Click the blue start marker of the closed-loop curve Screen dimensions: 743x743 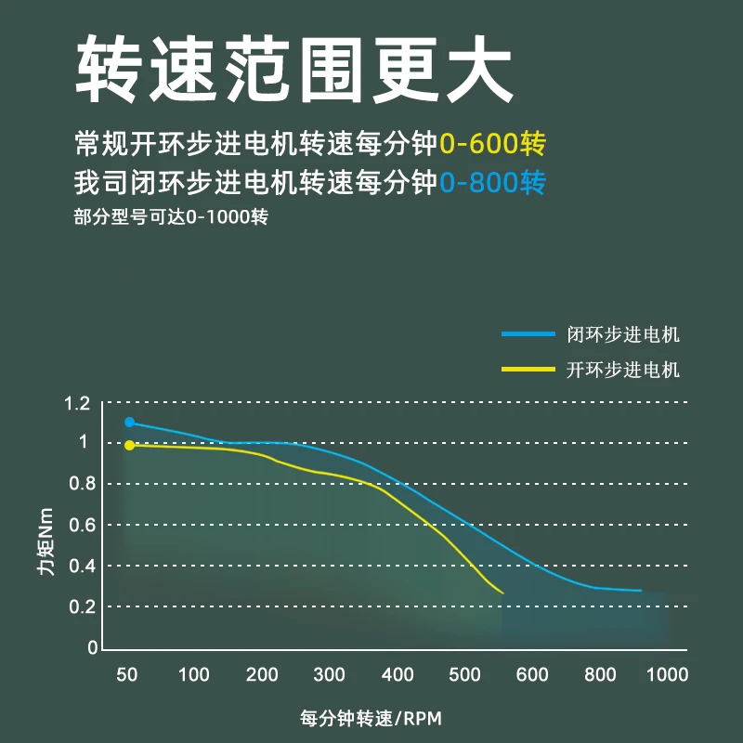pyautogui.click(x=129, y=423)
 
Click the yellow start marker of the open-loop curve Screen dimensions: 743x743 pyautogui.click(x=129, y=445)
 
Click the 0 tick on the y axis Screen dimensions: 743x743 pyautogui.click(x=93, y=647)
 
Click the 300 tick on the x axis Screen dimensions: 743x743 pyautogui.click(x=330, y=674)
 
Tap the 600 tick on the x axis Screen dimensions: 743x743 pyautogui.click(x=533, y=674)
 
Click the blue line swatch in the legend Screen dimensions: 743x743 pyautogui.click(x=527, y=334)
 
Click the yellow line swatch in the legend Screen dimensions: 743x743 pyautogui.click(x=527, y=370)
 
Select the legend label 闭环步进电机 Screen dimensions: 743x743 pyautogui.click(x=623, y=334)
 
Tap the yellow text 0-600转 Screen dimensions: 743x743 pyautogui.click(x=492, y=145)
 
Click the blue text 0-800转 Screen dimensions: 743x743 pyautogui.click(x=492, y=182)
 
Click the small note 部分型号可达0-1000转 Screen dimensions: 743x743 pyautogui.click(x=171, y=219)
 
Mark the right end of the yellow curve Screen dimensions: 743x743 pyautogui.click(x=502, y=593)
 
